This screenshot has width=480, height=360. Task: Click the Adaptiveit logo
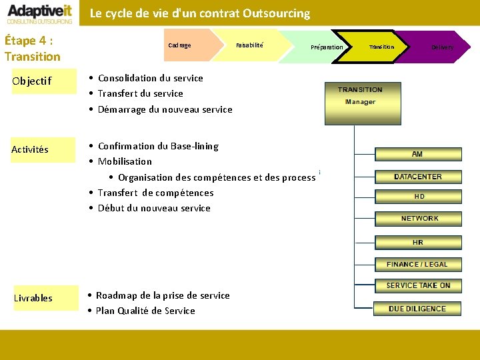click(x=40, y=13)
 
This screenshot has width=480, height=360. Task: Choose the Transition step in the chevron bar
click(x=381, y=47)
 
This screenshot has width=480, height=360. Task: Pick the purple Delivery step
click(x=440, y=47)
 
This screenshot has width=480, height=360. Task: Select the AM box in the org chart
click(x=417, y=154)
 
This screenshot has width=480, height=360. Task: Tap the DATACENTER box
click(x=417, y=177)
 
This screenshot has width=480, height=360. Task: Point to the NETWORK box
click(x=419, y=219)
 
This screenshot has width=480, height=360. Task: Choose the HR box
click(x=418, y=242)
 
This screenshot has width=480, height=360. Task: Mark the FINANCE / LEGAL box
click(x=417, y=264)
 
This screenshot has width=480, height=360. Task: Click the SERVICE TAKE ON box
click(x=418, y=285)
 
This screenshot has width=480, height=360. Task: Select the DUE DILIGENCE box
click(x=417, y=309)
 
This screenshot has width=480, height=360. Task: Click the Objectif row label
click(x=31, y=81)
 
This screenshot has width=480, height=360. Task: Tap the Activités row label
click(x=30, y=149)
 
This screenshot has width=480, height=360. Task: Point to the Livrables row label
click(x=33, y=298)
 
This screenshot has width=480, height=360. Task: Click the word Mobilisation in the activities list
click(x=125, y=161)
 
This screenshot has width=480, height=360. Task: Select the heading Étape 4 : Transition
click(x=32, y=48)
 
